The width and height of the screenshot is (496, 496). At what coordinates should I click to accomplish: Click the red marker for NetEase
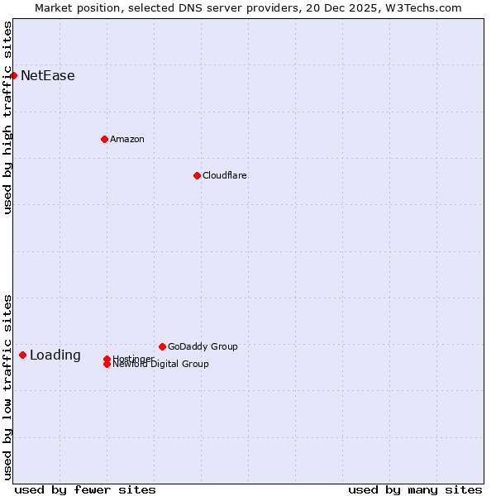click(x=13, y=75)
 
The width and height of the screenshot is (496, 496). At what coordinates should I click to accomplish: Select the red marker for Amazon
click(x=104, y=139)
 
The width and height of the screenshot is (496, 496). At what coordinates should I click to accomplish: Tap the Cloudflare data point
click(x=197, y=175)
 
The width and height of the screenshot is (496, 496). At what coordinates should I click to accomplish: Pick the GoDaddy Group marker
click(x=162, y=346)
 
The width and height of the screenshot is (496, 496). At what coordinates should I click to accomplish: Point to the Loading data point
click(x=22, y=355)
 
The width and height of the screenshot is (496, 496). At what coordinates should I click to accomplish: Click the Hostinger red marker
click(x=107, y=359)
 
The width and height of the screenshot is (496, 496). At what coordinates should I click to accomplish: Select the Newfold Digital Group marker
click(x=107, y=364)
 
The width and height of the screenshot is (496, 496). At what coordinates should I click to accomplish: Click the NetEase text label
click(x=48, y=76)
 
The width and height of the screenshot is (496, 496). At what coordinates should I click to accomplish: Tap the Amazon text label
click(x=127, y=139)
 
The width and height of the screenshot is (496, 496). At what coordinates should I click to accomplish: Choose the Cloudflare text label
click(x=225, y=175)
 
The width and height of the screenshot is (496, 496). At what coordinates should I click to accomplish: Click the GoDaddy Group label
click(x=203, y=346)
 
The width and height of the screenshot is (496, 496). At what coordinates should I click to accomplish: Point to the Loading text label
click(x=55, y=355)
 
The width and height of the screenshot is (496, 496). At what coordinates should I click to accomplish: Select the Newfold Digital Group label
click(x=161, y=365)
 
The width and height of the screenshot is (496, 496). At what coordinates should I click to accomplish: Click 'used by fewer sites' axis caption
click(x=85, y=489)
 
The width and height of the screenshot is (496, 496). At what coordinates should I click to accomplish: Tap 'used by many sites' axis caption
click(x=415, y=489)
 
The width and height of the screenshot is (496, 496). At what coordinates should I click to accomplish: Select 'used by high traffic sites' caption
click(x=7, y=117)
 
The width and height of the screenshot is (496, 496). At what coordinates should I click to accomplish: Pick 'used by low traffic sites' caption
click(x=7, y=387)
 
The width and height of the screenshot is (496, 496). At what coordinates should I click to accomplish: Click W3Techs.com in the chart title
click(x=421, y=7)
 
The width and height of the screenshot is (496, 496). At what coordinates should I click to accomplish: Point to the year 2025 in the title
click(x=364, y=7)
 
